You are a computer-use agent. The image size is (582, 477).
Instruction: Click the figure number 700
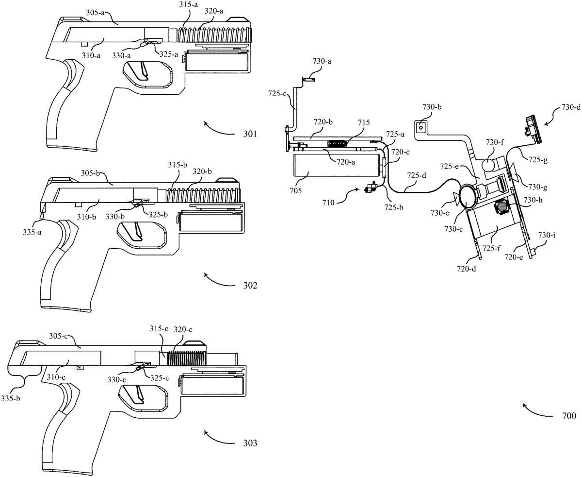click(x=566, y=416)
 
